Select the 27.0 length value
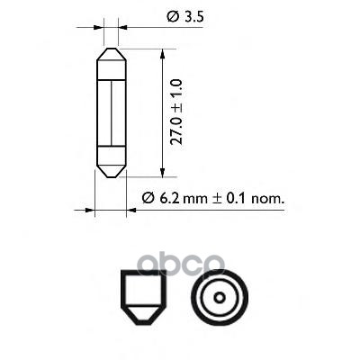176,126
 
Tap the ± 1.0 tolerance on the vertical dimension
176,90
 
